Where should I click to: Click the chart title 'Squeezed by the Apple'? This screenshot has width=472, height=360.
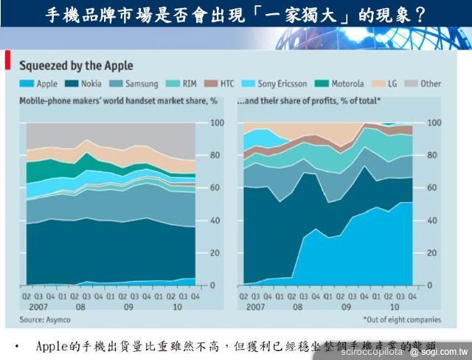(x=76, y=66)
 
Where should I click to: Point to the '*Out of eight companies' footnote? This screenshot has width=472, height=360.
(x=401, y=319)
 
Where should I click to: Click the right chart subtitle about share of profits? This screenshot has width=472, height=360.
(x=309, y=99)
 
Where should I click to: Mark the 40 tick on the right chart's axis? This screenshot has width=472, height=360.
(x=434, y=221)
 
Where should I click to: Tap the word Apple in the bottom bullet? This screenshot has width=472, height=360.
(x=52, y=346)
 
